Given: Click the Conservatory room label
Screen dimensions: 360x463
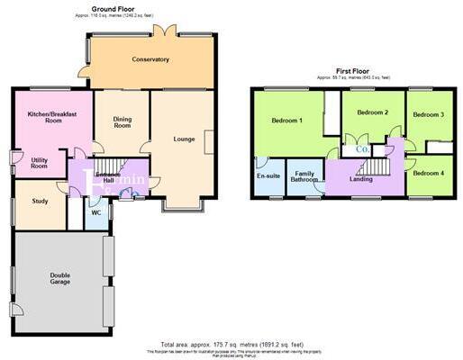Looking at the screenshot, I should click(x=150, y=59).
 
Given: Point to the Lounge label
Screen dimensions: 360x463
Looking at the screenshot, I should click(x=185, y=139).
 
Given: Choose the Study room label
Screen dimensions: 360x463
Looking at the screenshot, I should click(x=39, y=202).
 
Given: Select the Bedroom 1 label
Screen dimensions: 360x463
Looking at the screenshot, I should click(x=287, y=121).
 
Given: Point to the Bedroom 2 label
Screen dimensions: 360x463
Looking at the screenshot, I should click(x=372, y=113).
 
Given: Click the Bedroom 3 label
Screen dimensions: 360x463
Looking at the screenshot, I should click(x=429, y=115).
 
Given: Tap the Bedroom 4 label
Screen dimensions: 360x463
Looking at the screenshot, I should click(x=429, y=173).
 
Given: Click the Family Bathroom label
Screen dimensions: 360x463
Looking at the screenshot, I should click(x=305, y=176).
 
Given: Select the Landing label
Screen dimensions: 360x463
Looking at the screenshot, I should click(x=361, y=179).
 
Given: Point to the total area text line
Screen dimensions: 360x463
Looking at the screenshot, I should click(x=231, y=344).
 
